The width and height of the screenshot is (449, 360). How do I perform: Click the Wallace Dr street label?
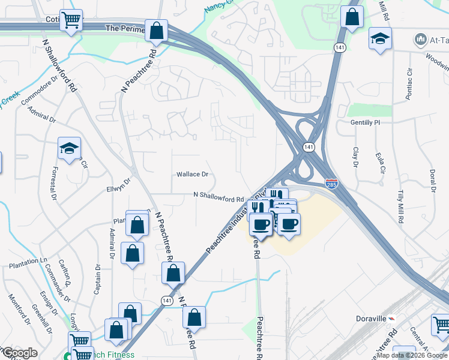(x=192, y=175)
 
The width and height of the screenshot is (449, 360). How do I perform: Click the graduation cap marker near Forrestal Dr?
(x=69, y=149)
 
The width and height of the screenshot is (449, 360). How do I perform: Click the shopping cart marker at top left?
(x=71, y=21)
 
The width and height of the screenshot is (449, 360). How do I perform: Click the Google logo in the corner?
(x=19, y=353)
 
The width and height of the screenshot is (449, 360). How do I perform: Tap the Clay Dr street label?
(x=355, y=157)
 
